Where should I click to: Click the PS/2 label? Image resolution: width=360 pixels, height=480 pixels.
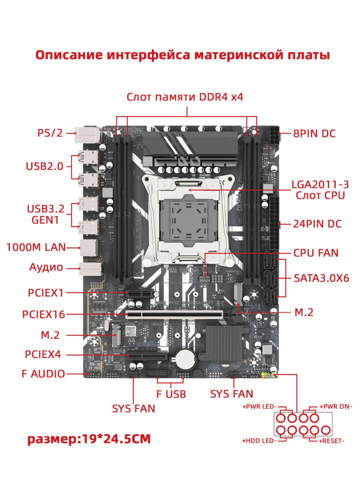coord(50,132)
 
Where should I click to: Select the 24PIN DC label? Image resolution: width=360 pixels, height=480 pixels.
coord(317,223)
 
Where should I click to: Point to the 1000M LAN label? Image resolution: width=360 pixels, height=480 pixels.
coord(36,247)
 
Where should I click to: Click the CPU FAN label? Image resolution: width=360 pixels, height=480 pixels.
coord(316,253)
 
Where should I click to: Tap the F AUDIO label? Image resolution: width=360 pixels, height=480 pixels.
coord(43,374)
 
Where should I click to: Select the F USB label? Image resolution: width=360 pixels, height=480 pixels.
coord(171,393)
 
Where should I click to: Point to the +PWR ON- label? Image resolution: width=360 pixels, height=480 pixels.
coord(336,406)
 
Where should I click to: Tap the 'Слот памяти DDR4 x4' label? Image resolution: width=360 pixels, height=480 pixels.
coord(185,97)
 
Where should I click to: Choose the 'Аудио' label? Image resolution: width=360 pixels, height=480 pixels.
coord(46,267)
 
